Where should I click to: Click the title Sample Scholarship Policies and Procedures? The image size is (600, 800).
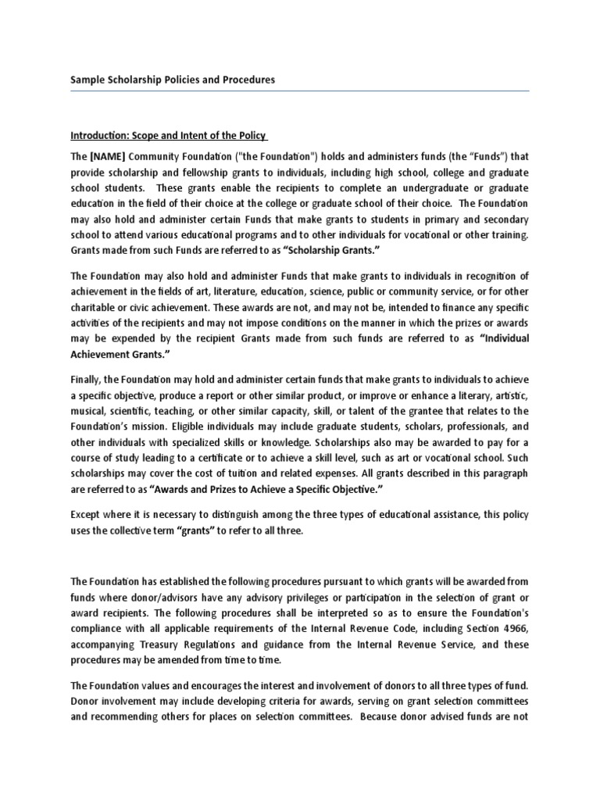point(173,80)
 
